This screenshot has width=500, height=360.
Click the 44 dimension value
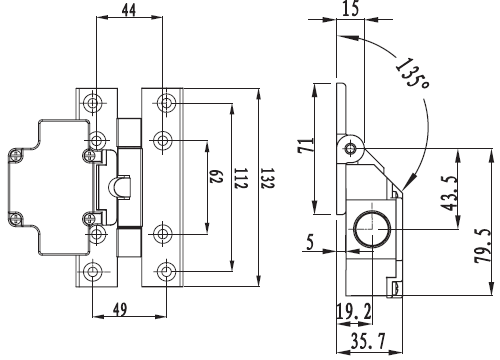(x=129, y=10)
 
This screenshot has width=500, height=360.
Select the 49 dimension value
(x=120, y=309)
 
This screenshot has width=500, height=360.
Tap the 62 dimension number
(x=216, y=176)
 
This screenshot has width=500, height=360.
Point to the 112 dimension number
(x=241, y=179)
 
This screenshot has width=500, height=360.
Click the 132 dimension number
(x=267, y=179)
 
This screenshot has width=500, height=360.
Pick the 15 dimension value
(x=351, y=8)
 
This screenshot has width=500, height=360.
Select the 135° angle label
(x=412, y=74)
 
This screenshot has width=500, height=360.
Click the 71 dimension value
(x=306, y=145)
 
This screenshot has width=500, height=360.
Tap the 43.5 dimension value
(x=449, y=193)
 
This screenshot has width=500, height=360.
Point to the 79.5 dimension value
(x=482, y=246)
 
